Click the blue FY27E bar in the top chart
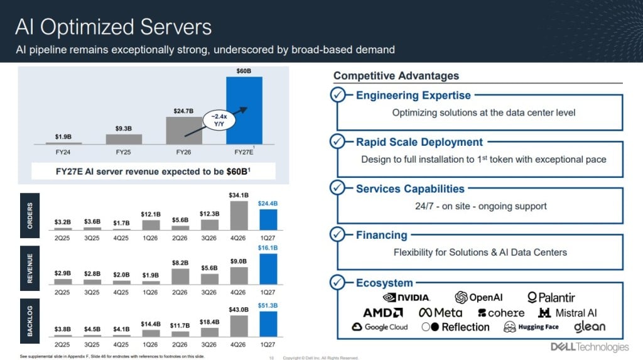click(244, 111)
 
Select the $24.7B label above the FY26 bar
click(183, 111)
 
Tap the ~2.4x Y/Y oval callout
click(219, 120)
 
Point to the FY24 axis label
click(63, 152)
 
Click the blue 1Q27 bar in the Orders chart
click(268, 220)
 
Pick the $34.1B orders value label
click(239, 195)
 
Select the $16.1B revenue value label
click(267, 248)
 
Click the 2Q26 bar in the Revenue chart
click(180, 276)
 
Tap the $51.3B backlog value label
click(267, 305)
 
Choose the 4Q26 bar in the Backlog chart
click(239, 326)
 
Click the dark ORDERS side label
click(30, 215)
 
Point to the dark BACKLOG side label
click(30, 321)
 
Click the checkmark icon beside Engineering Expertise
click(337, 95)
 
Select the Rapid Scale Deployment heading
click(419, 142)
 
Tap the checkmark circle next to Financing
click(337, 234)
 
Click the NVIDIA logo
click(406, 297)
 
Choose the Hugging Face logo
click(531, 327)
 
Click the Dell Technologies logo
click(589, 347)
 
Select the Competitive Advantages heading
click(396, 75)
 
